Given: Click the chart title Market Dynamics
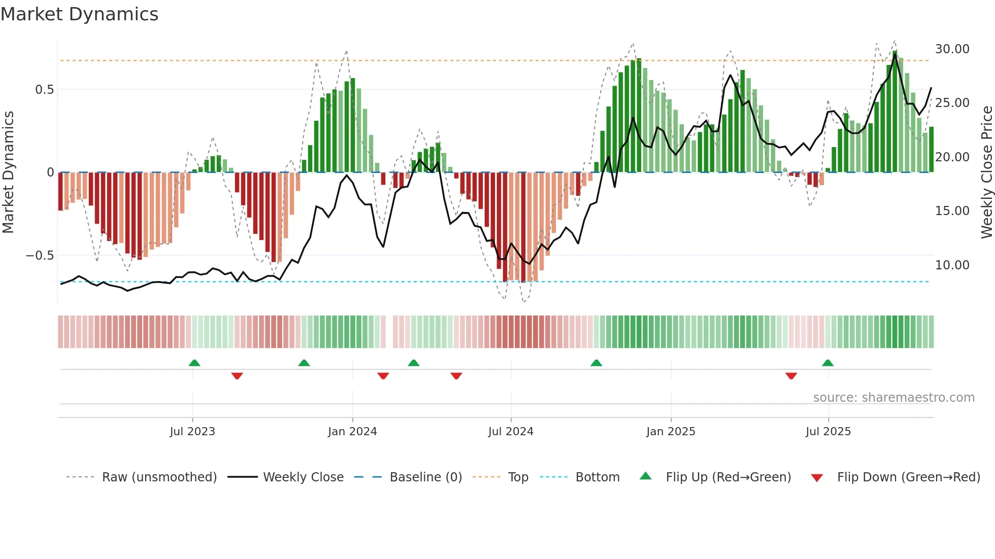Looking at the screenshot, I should point(80,14).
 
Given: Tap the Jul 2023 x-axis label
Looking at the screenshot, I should point(192,432).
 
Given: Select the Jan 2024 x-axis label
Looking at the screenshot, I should point(352,432).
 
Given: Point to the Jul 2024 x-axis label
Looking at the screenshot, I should point(511,432).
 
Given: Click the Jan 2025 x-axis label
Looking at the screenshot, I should point(671,432).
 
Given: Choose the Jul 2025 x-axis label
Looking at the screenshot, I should point(828,432).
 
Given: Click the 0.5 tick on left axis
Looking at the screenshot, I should point(44,90).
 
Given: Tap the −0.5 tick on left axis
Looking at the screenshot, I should point(40,256).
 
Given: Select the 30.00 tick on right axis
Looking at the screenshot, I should point(952,49).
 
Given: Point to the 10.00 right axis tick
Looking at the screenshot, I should point(952,265).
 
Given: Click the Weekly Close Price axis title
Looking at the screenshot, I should point(986,172).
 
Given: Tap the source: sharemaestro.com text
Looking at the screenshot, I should point(893,398).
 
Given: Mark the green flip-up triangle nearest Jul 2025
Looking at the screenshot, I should point(827,363).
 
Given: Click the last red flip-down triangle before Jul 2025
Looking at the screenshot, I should point(791,376).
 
